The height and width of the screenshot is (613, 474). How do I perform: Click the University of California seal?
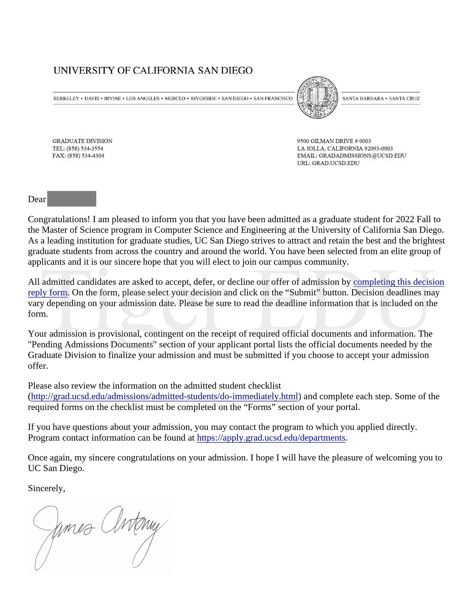coord(317,98)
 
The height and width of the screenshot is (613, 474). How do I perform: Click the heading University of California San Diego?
coord(153,71)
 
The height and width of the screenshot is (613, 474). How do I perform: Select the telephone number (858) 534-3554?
coord(85,149)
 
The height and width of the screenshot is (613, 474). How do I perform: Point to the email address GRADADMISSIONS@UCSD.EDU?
coord(362,156)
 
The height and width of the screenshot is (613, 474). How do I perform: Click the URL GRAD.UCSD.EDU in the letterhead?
coord(336,163)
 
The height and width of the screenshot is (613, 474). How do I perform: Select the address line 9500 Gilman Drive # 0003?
coord(334,141)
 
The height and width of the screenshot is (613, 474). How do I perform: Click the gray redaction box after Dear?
coord(72,199)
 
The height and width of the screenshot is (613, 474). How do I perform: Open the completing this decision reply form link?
coord(399,282)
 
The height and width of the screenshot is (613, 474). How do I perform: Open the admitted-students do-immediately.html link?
coord(165,396)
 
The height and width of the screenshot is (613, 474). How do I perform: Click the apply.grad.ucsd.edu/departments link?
coord(271,438)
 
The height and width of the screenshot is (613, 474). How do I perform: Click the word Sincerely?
coord(46,488)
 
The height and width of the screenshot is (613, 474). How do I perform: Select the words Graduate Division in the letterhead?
coord(83,141)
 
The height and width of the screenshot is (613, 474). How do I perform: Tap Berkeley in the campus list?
coord(66,98)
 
